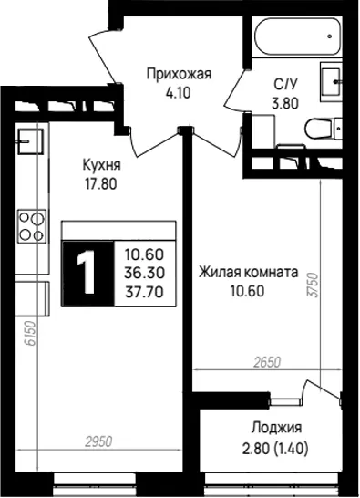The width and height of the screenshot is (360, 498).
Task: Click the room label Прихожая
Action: click(x=179, y=74)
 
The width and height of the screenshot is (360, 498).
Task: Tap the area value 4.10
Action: click(x=178, y=93)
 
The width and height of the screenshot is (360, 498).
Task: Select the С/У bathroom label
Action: click(x=286, y=85)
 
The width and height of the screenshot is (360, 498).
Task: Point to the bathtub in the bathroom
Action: click(x=297, y=36)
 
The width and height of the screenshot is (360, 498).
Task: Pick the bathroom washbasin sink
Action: click(x=331, y=81)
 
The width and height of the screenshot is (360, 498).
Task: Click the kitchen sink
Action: click(x=30, y=141)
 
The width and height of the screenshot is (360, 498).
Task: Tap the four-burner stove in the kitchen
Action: click(x=32, y=226)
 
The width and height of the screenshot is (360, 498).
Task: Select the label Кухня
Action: click(x=101, y=165)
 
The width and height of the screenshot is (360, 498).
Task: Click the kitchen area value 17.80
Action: click(x=100, y=183)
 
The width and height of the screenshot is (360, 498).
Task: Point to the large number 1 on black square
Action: click(x=87, y=273)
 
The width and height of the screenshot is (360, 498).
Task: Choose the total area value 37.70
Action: click(x=144, y=292)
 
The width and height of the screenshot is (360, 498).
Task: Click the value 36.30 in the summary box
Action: click(x=144, y=273)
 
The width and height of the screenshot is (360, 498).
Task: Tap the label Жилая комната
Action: click(x=248, y=273)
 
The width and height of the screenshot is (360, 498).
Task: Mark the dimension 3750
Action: click(x=314, y=285)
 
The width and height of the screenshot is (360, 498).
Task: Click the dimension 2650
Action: click(x=267, y=362)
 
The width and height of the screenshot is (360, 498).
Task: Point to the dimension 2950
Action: click(x=98, y=441)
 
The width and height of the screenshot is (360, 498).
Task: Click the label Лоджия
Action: click(x=276, y=428)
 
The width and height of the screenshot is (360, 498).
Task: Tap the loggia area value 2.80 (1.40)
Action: click(x=275, y=449)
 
